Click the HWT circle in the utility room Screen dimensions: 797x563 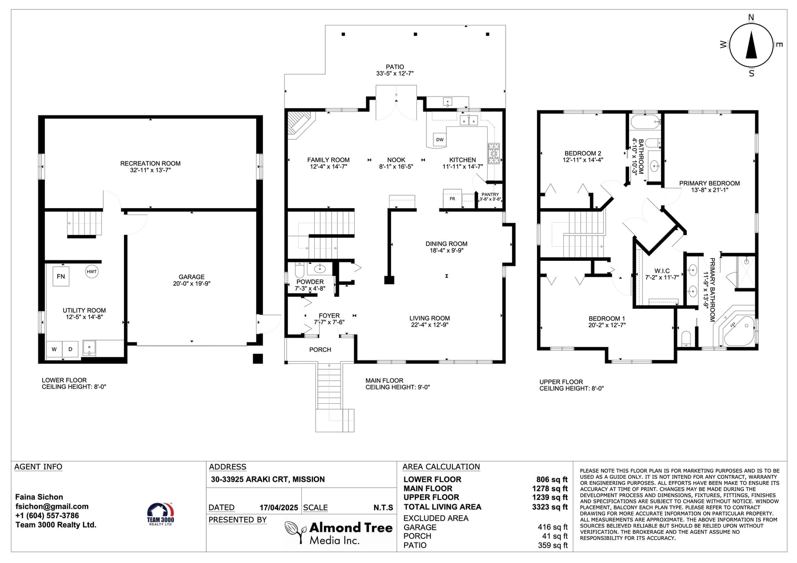(92, 272)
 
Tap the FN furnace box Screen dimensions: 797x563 (61, 276)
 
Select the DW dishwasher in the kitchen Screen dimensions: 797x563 (440, 139)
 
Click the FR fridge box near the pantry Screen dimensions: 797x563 (452, 199)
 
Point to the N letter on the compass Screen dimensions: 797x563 (751, 17)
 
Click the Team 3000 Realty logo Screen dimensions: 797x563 (160, 514)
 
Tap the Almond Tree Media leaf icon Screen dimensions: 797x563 (295, 532)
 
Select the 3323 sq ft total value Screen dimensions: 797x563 (550, 507)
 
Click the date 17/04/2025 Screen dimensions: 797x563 (278, 508)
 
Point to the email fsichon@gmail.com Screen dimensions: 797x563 (52, 506)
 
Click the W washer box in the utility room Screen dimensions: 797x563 (54, 349)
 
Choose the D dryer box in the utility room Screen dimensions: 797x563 (70, 349)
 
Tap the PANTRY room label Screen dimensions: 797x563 (490, 195)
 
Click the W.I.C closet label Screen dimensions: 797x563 (662, 271)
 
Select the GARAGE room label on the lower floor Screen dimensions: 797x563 (191, 277)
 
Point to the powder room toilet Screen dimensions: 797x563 (299, 270)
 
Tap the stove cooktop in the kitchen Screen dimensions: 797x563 (494, 153)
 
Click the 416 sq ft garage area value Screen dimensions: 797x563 (552, 527)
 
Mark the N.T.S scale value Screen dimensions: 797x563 (383, 508)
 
